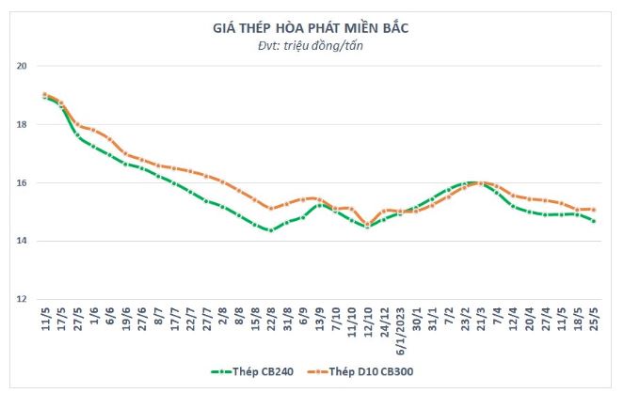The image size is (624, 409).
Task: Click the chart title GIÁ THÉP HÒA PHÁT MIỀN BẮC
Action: click(x=312, y=28)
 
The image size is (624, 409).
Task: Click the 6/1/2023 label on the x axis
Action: click(x=402, y=329)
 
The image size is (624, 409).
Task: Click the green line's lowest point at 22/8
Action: click(x=271, y=230)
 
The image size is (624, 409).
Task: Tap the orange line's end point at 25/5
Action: click(x=593, y=210)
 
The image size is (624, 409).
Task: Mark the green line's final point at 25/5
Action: click(x=593, y=221)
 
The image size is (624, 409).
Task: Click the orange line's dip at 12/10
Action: click(x=368, y=224)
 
